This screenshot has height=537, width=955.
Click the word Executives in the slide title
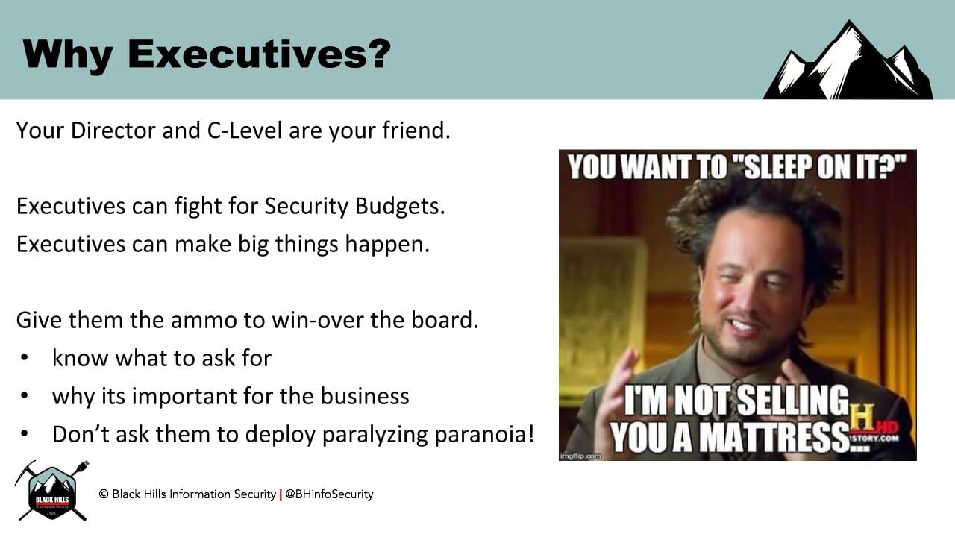tap(246, 54)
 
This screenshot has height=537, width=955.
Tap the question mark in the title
tap(378, 54)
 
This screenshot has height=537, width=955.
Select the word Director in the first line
tap(113, 130)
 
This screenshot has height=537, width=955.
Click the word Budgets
tap(400, 207)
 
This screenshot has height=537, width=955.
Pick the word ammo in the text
tap(204, 321)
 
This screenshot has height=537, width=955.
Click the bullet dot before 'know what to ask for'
tap(25, 357)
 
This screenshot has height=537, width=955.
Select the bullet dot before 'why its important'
tap(25, 395)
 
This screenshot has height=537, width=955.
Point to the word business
tap(365, 396)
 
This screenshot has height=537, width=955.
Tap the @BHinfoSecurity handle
tap(329, 494)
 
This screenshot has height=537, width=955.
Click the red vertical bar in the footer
tap(281, 494)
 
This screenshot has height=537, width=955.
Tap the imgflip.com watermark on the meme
tap(581, 456)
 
